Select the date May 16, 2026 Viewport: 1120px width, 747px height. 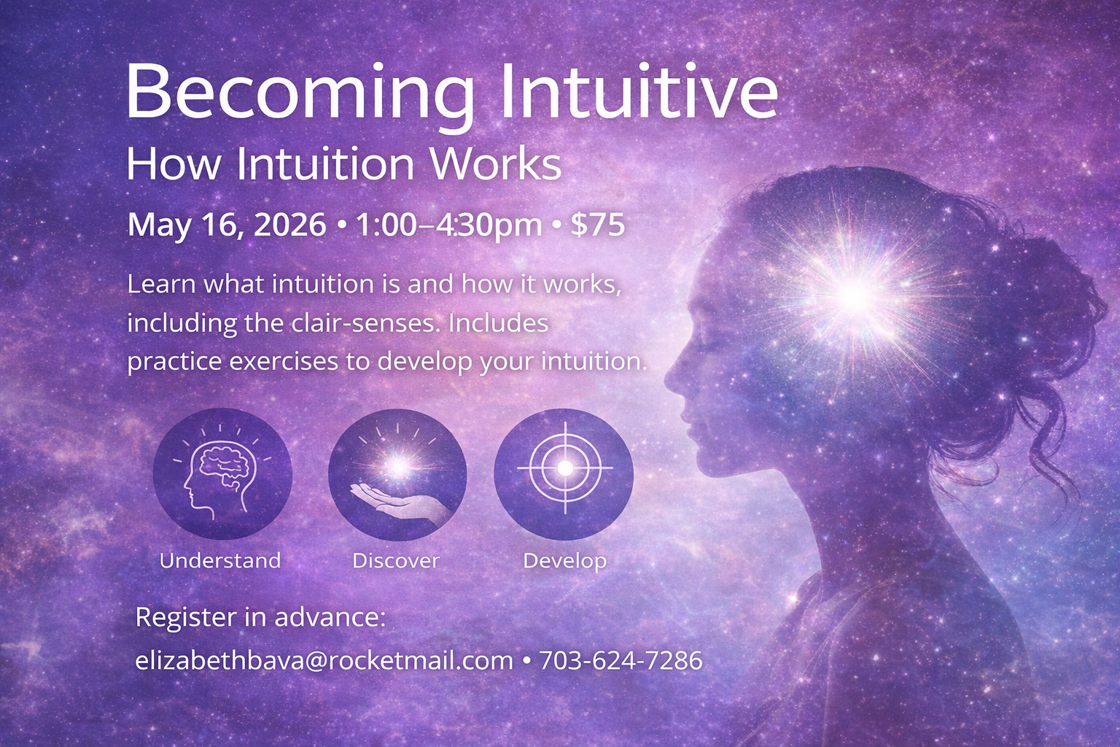pyautogui.click(x=227, y=225)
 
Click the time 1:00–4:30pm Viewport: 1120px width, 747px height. pyautogui.click(x=448, y=225)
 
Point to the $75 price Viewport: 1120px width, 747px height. pyautogui.click(x=597, y=225)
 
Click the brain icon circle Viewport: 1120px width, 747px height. pyautogui.click(x=222, y=473)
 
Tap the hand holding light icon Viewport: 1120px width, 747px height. pyautogui.click(x=397, y=475)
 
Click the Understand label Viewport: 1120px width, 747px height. pyautogui.click(x=220, y=560)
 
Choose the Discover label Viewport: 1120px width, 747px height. pyautogui.click(x=396, y=560)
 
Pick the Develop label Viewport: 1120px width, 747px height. pyautogui.click(x=565, y=560)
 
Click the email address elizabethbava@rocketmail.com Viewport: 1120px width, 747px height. pyautogui.click(x=324, y=660)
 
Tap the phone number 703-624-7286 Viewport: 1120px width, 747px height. pyautogui.click(x=621, y=660)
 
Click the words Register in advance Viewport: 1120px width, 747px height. pyautogui.click(x=260, y=617)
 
